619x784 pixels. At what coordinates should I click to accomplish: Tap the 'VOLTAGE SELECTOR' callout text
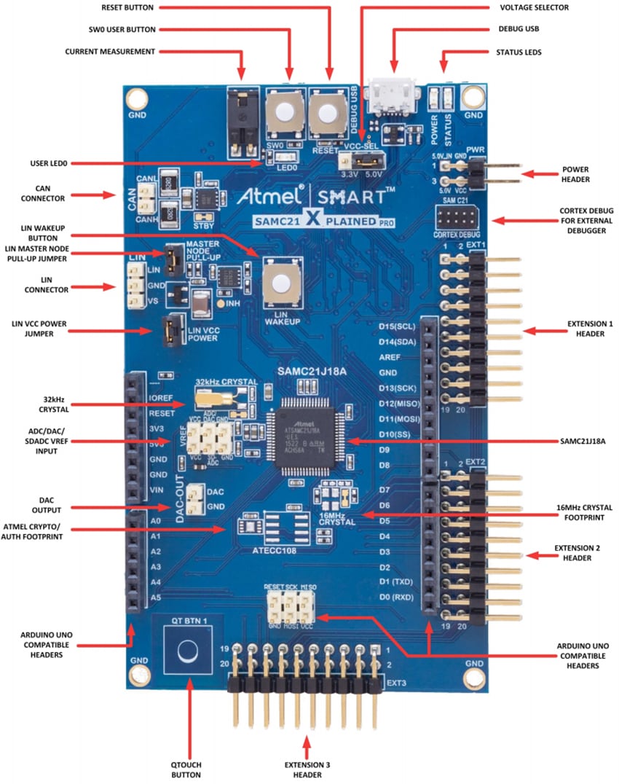(534, 7)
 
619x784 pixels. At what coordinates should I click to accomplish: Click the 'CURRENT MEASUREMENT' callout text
(110, 52)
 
